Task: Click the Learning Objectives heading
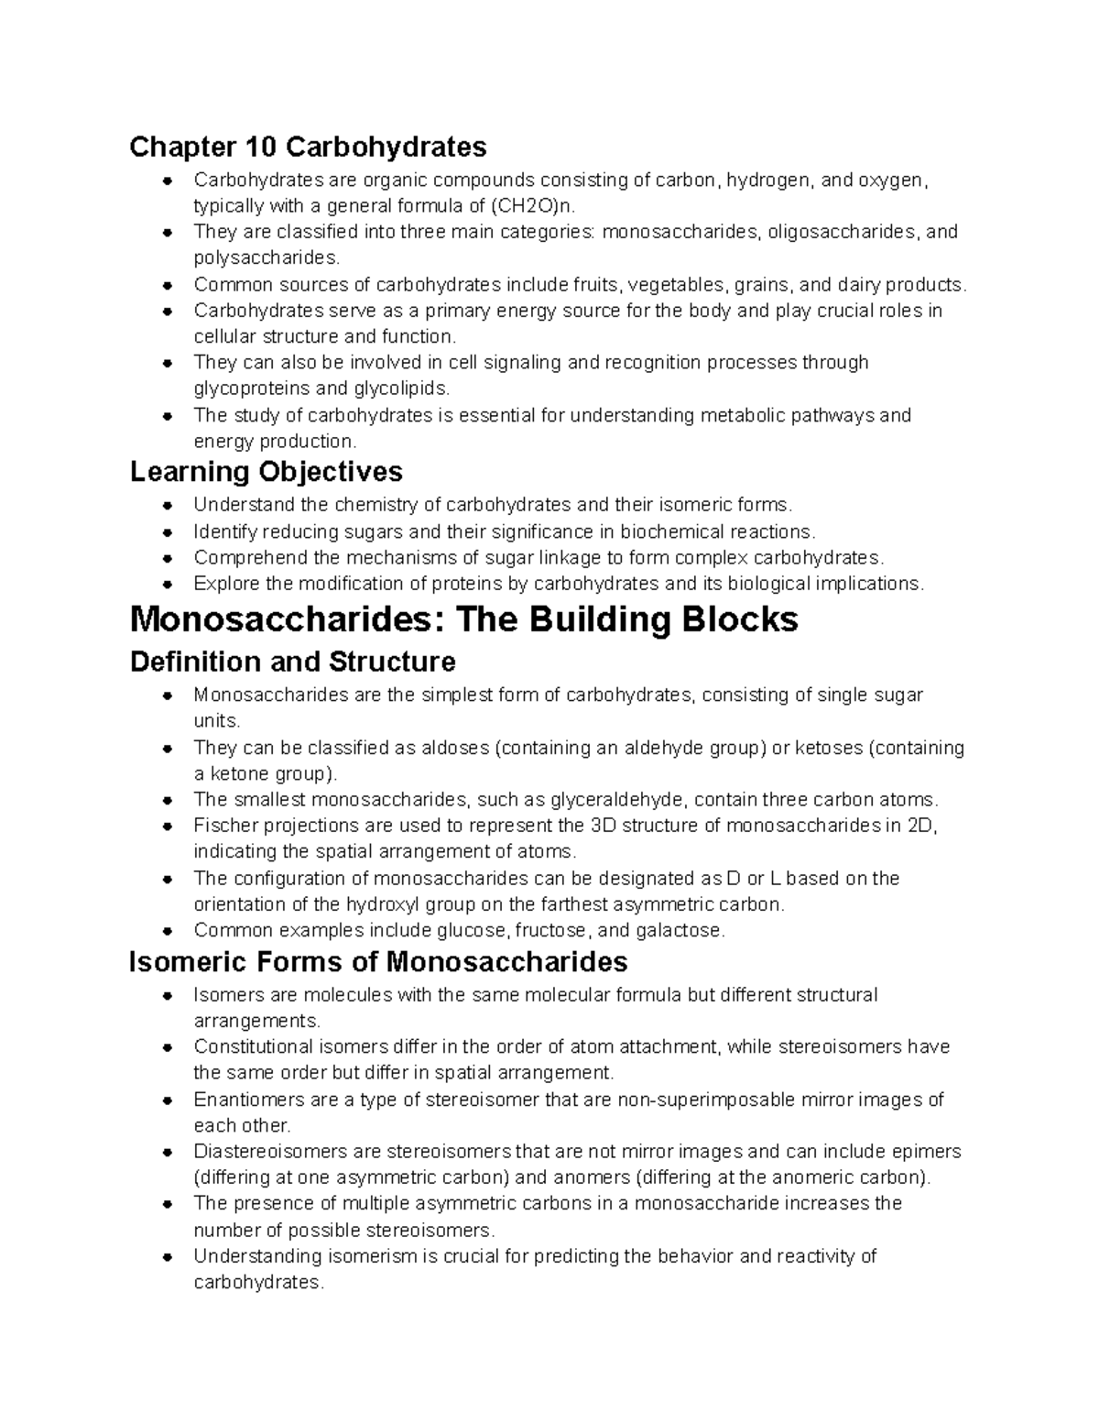pyautogui.click(x=266, y=472)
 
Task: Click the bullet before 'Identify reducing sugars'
pyautogui.click(x=168, y=532)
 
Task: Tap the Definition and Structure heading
pyautogui.click(x=292, y=662)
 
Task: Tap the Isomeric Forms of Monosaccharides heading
pyautogui.click(x=378, y=962)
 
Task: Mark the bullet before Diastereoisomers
pyautogui.click(x=168, y=1152)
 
